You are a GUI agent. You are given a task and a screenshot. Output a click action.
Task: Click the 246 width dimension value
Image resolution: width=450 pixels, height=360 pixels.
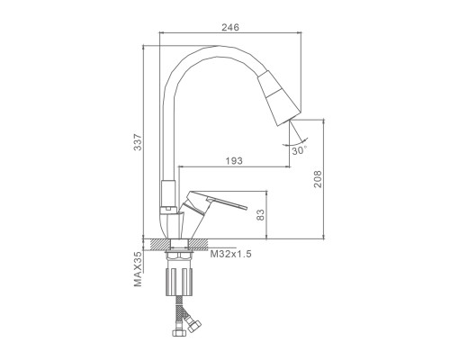pyautogui.click(x=230, y=27)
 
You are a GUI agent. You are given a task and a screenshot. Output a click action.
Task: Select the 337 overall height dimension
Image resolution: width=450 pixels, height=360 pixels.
pyautogui.click(x=138, y=142)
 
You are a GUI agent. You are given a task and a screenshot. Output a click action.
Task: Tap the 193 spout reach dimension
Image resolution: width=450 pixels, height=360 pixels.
pyautogui.click(x=234, y=161)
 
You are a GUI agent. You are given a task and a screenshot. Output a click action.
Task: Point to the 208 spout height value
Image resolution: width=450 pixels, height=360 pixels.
pyautogui.click(x=318, y=179)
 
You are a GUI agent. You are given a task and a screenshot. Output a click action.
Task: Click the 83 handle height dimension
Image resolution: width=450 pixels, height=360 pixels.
pyautogui.click(x=261, y=215)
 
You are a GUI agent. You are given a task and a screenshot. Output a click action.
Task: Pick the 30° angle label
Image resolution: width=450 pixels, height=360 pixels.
pyautogui.click(x=300, y=150)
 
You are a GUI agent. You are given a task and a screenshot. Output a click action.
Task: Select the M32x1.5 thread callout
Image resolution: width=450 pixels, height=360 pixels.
pyautogui.click(x=230, y=254)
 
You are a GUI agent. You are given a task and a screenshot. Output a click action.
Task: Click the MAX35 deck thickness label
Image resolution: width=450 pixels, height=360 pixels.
pyautogui.click(x=138, y=269)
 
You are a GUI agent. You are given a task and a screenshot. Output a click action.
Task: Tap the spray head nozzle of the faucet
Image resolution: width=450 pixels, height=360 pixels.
pyautogui.click(x=279, y=98)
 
